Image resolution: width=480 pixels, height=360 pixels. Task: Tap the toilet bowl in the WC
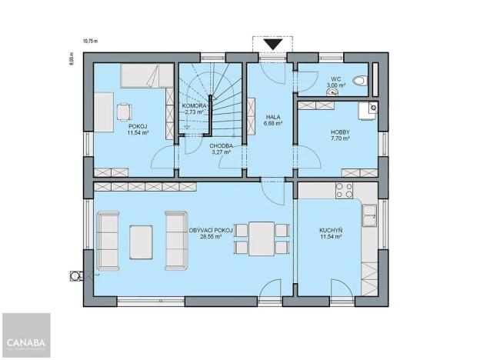(358, 81)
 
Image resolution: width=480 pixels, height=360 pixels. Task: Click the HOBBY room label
(340, 132)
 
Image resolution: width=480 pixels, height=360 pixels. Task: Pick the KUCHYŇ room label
(331, 230)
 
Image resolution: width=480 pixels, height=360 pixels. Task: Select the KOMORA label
(193, 105)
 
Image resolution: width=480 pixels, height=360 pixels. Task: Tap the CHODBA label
(222, 145)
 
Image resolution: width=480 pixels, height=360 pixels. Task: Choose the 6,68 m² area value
(273, 122)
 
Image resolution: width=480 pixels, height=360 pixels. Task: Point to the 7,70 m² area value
(340, 139)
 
